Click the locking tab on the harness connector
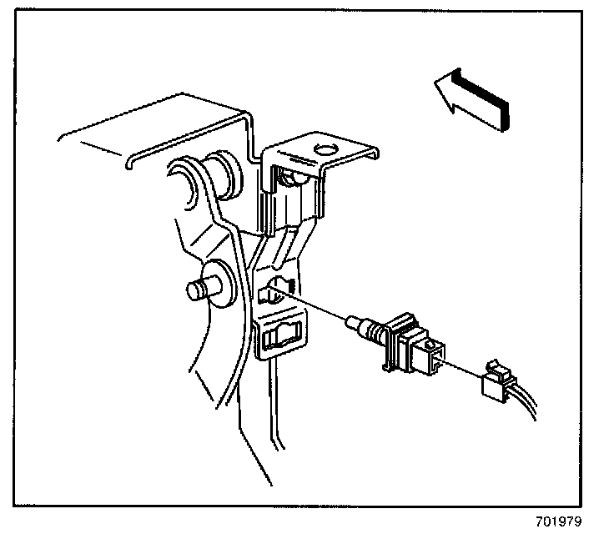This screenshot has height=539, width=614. (x=497, y=368)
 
